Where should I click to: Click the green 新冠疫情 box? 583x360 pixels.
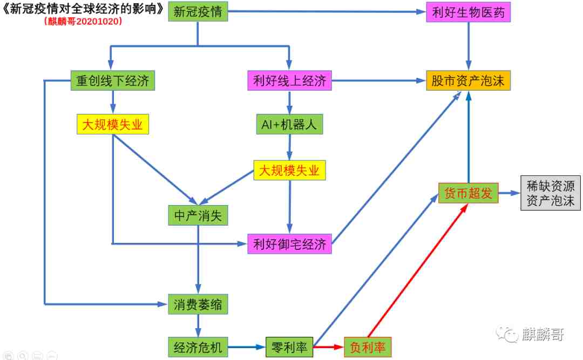(x=198, y=11)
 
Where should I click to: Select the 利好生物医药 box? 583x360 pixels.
(x=468, y=12)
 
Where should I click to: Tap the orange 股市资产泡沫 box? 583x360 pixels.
(x=468, y=80)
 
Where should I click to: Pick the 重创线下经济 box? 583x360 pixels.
(x=113, y=80)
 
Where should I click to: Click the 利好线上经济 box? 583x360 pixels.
(x=290, y=80)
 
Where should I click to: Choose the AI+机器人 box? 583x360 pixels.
(x=290, y=124)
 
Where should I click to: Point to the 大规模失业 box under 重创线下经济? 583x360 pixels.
(x=113, y=124)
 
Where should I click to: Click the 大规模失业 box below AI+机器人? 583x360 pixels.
(x=290, y=171)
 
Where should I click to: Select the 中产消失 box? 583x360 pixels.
(x=198, y=215)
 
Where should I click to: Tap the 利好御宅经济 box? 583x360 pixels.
(x=290, y=244)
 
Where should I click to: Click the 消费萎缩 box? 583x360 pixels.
(x=198, y=304)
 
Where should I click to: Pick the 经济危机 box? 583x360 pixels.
(x=198, y=347)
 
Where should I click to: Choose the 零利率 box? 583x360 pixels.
(x=289, y=347)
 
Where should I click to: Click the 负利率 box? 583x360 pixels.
(x=368, y=347)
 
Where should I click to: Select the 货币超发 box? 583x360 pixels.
(x=468, y=193)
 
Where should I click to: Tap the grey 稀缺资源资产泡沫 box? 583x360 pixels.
(x=550, y=193)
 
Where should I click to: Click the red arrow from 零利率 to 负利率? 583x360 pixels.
(x=329, y=347)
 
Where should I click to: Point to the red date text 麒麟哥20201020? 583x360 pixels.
(x=83, y=21)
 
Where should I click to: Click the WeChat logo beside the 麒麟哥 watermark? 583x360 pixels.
(x=507, y=334)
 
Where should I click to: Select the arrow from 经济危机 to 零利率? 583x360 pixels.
(x=247, y=347)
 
